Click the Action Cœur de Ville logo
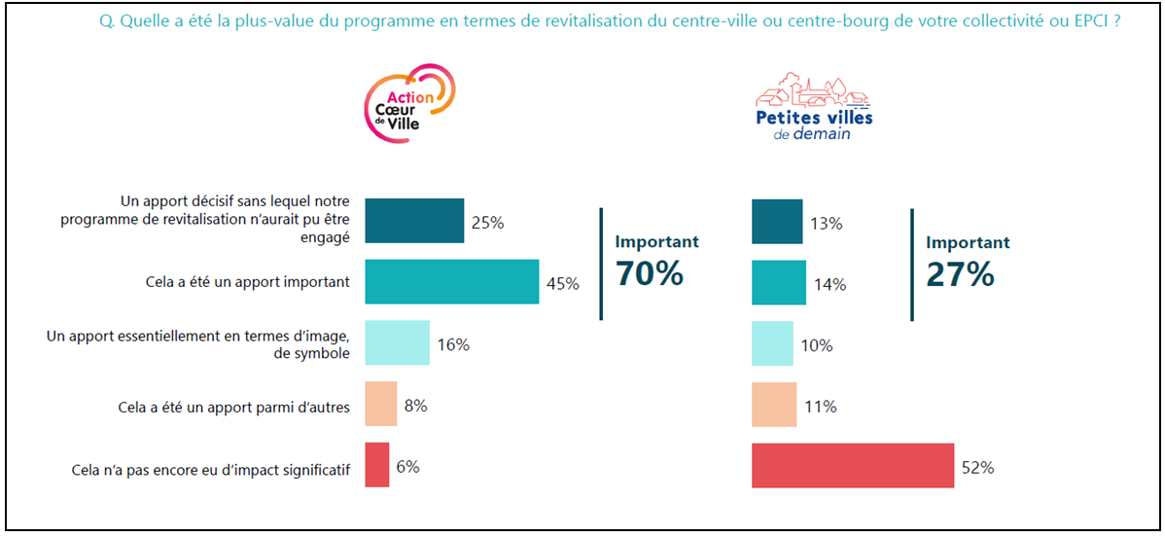pyautogui.click(x=408, y=105)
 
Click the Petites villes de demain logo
pyautogui.click(x=813, y=106)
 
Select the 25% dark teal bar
pyautogui.click(x=414, y=221)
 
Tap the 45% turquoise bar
pyautogui.click(x=451, y=282)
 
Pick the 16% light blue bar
pyautogui.click(x=397, y=342)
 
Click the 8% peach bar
pyautogui.click(x=380, y=404)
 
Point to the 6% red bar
pyautogui.click(x=376, y=465)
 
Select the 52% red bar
pyautogui.click(x=853, y=465)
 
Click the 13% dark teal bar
pyautogui.click(x=777, y=221)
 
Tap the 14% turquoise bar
pyautogui.click(x=779, y=282)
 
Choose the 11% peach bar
pyautogui.click(x=774, y=404)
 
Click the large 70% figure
pyautogui.click(x=650, y=273)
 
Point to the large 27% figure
pyautogui.click(x=960, y=273)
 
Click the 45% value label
pyautogui.click(x=563, y=284)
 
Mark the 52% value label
pyautogui.click(x=978, y=468)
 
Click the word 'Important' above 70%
pyautogui.click(x=656, y=242)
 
